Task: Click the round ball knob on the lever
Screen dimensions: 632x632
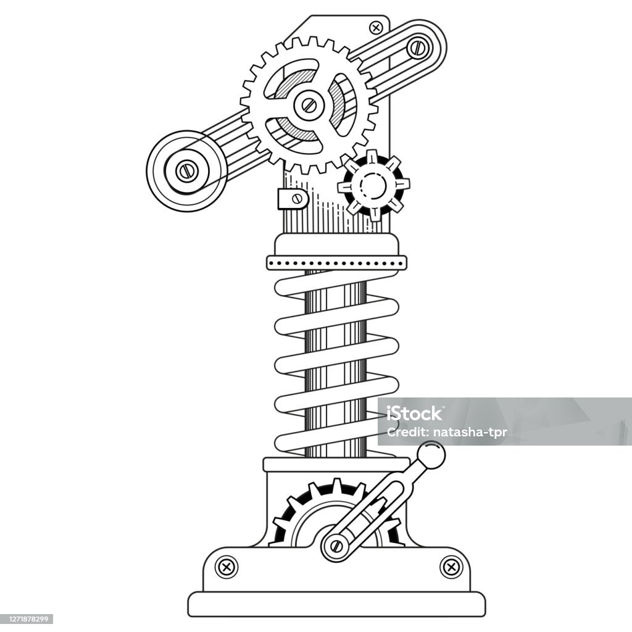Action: [x=431, y=455]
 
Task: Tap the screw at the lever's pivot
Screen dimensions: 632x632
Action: [x=336, y=546]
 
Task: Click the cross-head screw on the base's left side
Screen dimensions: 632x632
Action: [x=227, y=567]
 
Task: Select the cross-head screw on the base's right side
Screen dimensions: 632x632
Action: [x=451, y=567]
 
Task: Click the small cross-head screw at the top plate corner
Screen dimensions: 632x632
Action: [x=376, y=28]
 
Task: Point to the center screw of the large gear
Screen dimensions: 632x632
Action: [x=309, y=106]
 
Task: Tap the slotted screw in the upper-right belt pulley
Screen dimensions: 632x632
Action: [x=418, y=48]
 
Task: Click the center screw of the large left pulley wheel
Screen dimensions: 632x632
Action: [x=186, y=171]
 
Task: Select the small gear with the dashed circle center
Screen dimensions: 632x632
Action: [x=373, y=185]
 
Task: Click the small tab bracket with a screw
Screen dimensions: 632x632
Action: [x=293, y=199]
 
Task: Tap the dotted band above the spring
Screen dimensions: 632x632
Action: [x=336, y=263]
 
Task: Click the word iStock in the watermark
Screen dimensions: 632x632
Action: [x=414, y=414]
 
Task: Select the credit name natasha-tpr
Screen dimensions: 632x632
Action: [x=470, y=433]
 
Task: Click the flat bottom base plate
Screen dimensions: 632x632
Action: [x=336, y=604]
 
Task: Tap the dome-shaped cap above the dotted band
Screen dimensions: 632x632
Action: [x=336, y=244]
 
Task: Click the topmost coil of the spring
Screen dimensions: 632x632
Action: [x=336, y=284]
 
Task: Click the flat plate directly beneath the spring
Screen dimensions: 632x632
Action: [x=336, y=464]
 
